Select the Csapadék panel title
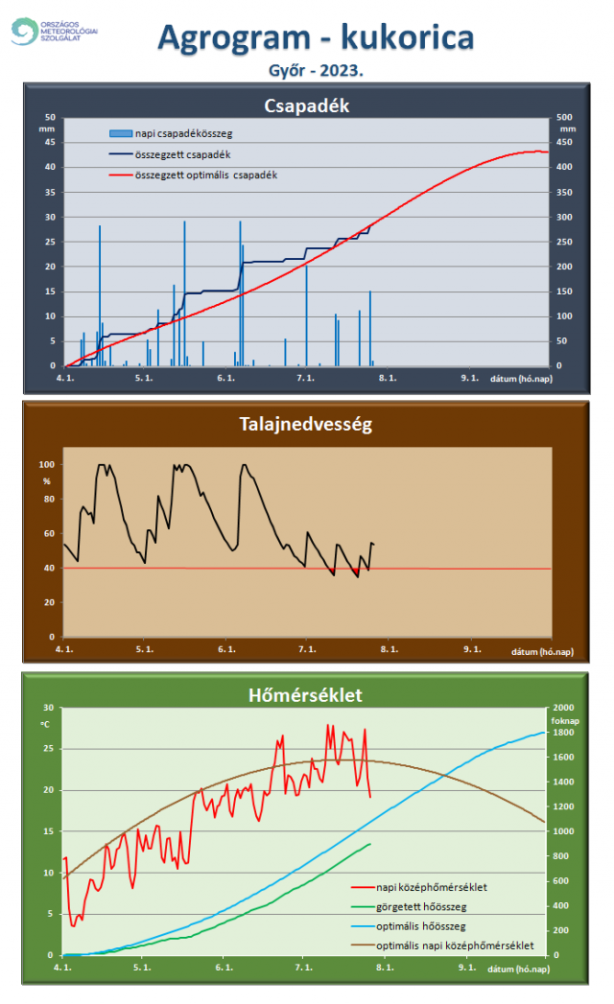tap(306, 105)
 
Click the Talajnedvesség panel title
tap(306, 423)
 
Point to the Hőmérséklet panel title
tap(306, 692)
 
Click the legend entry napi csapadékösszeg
tap(183, 132)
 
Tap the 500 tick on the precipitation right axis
tap(566, 117)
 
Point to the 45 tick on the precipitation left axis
tap(50, 142)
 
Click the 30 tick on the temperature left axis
tap(48, 708)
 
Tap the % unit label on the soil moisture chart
tap(46, 479)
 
